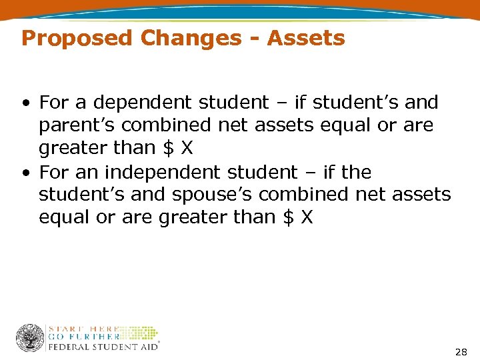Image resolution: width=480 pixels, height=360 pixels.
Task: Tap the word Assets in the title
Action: (306, 38)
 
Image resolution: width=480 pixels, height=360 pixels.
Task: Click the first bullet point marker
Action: (25, 103)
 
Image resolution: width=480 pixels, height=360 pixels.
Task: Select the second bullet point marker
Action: (25, 173)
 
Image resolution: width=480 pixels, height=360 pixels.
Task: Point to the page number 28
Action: (460, 351)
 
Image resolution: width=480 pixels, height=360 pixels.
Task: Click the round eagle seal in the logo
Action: (30, 338)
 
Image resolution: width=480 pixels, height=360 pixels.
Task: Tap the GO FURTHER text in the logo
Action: (83, 337)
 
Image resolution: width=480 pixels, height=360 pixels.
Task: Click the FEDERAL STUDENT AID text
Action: (103, 347)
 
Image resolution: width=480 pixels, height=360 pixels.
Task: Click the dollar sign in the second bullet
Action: (288, 217)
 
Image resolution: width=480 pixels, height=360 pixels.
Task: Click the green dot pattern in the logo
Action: (139, 333)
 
